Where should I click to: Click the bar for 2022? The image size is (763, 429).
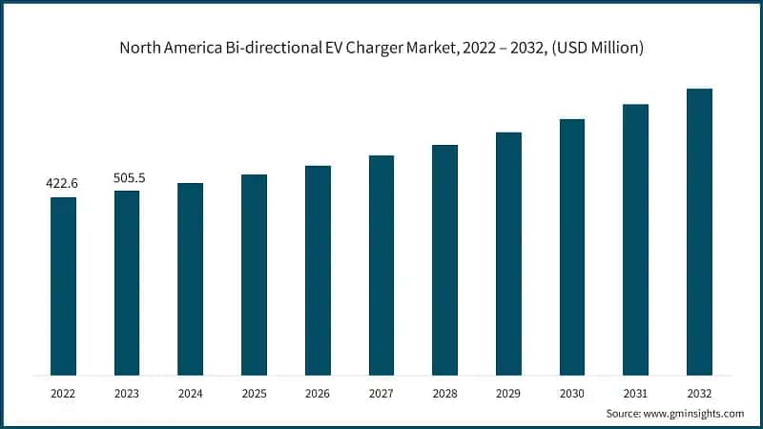pos(63,286)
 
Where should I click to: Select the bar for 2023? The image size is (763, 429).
pos(127,282)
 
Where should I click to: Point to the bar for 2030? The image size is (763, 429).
pos(572,247)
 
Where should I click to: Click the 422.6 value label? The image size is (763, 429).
pos(63,182)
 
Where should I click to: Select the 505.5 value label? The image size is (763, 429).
pos(127,176)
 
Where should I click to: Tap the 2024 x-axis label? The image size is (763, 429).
pos(191,391)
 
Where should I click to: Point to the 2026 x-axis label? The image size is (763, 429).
pos(318,391)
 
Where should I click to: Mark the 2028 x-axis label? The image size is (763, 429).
pos(444,391)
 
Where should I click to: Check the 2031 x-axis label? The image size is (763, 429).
pos(635,391)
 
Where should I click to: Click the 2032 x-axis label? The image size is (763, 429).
pos(699,391)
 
